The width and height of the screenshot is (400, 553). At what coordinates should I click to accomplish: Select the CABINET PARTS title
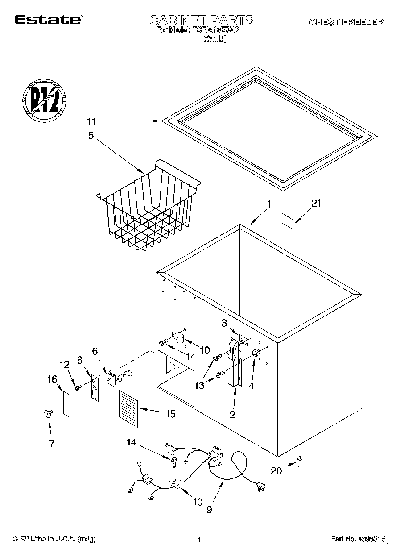[x=201, y=20]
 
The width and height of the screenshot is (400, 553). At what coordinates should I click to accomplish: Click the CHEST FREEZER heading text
[x=346, y=22]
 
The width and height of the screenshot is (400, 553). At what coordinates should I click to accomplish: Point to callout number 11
[x=91, y=121]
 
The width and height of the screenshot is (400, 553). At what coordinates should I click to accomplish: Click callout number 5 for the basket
[x=91, y=135]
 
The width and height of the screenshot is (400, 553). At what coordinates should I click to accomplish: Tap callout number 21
[x=316, y=204]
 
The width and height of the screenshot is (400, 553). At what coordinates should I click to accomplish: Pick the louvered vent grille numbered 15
[x=129, y=405]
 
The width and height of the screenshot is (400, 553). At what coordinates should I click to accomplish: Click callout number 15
[x=170, y=414]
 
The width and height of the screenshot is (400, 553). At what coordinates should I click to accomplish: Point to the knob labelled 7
[x=47, y=414]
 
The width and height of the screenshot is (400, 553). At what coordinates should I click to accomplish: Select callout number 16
[x=53, y=379]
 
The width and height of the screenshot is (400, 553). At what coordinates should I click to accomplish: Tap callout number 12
[x=65, y=365]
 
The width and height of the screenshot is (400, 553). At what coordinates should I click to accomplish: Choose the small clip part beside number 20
[x=300, y=460]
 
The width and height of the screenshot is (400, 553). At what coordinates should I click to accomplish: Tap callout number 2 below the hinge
[x=232, y=415]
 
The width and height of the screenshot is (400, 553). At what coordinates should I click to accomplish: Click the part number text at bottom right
[x=357, y=539]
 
